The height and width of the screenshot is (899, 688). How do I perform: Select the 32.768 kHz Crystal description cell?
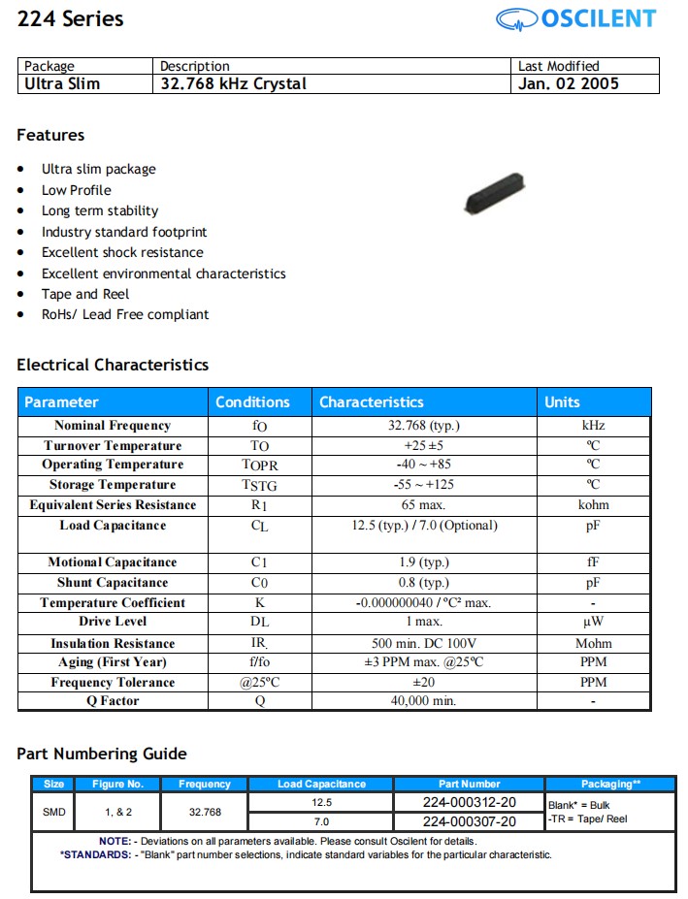pyautogui.click(x=233, y=83)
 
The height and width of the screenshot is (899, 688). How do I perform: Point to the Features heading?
pyautogui.click(x=50, y=135)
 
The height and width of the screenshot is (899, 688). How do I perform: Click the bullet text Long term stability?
pyautogui.click(x=99, y=210)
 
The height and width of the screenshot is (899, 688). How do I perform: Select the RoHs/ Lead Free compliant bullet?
pyautogui.click(x=124, y=314)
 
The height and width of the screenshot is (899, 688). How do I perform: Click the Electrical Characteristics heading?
pyautogui.click(x=113, y=365)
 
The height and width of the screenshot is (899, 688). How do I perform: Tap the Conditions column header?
pyautogui.click(x=252, y=401)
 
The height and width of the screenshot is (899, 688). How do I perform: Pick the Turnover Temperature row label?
pyautogui.click(x=113, y=446)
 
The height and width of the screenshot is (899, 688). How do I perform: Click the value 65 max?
pyautogui.click(x=424, y=505)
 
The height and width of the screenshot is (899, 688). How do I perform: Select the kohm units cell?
pyautogui.click(x=593, y=505)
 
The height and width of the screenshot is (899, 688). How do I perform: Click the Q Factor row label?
pyautogui.click(x=113, y=701)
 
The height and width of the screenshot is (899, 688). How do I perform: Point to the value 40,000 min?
pyautogui.click(x=424, y=701)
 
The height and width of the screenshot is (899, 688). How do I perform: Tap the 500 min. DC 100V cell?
pyautogui.click(x=424, y=643)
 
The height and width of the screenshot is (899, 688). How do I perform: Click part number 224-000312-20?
pyautogui.click(x=469, y=802)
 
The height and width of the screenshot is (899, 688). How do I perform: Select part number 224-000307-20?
pyautogui.click(x=469, y=821)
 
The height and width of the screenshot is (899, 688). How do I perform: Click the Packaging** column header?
pyautogui.click(x=610, y=784)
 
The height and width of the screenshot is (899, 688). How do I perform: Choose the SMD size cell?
pyautogui.click(x=54, y=812)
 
